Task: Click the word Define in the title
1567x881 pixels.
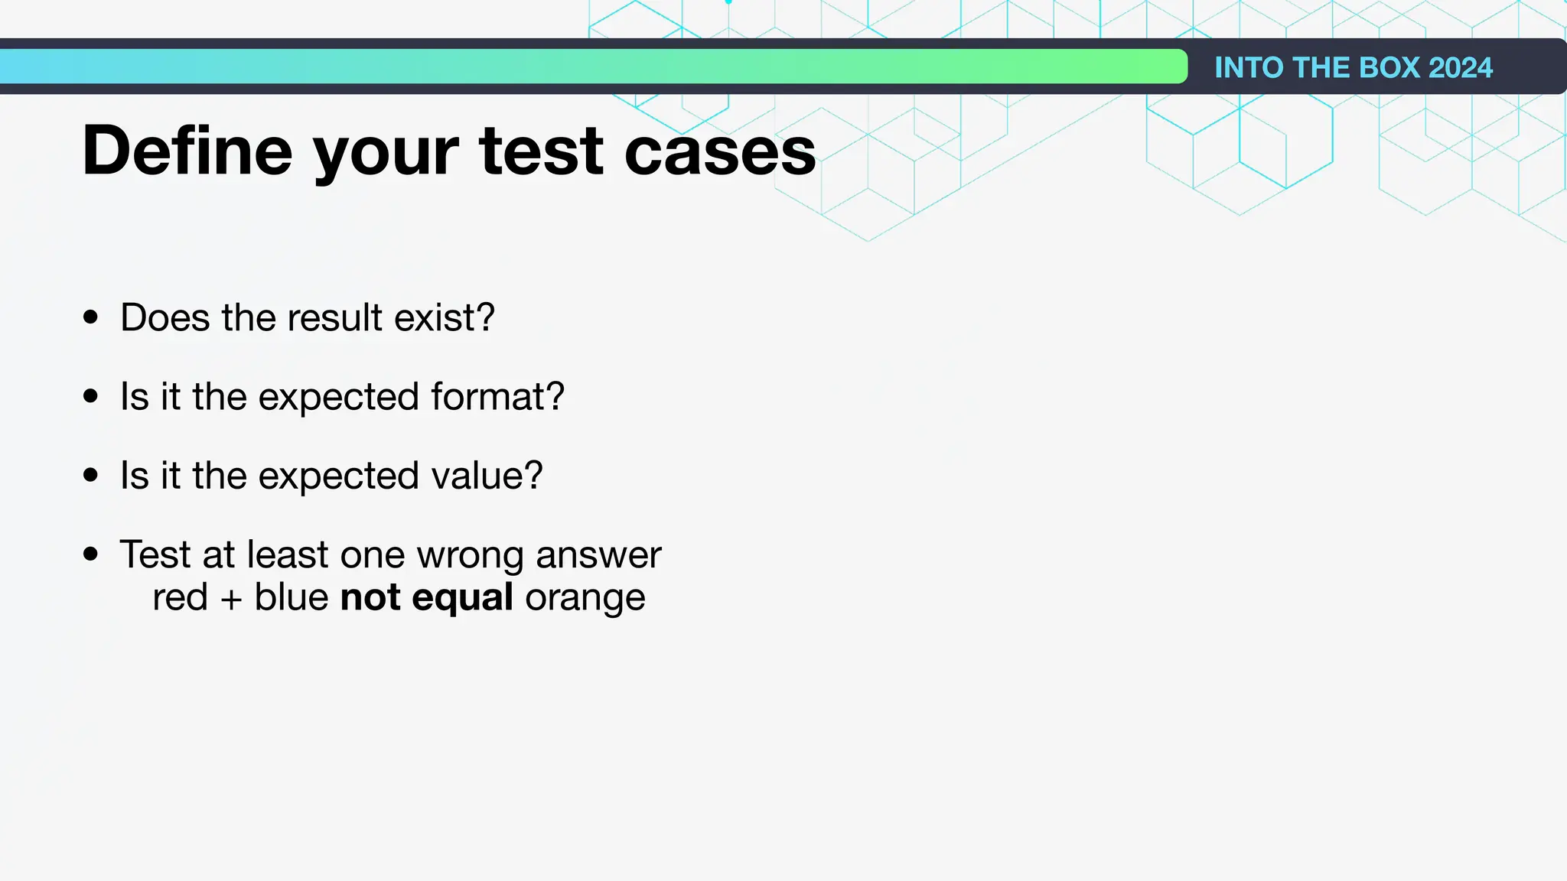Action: tap(187, 151)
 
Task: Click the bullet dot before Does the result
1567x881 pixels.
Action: tap(91, 317)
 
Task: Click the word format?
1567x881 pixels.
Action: tap(497, 396)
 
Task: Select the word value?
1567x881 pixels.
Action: tap(487, 475)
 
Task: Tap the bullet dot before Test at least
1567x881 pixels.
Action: tap(91, 554)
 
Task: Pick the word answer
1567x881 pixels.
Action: tap(598, 555)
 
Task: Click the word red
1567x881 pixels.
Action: tap(180, 597)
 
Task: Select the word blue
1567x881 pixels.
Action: tap(292, 597)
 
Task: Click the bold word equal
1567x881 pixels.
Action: tap(462, 598)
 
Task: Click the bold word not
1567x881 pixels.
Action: tap(370, 597)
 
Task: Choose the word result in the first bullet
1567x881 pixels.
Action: tap(334, 317)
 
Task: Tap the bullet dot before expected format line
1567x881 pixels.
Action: tap(91, 396)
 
